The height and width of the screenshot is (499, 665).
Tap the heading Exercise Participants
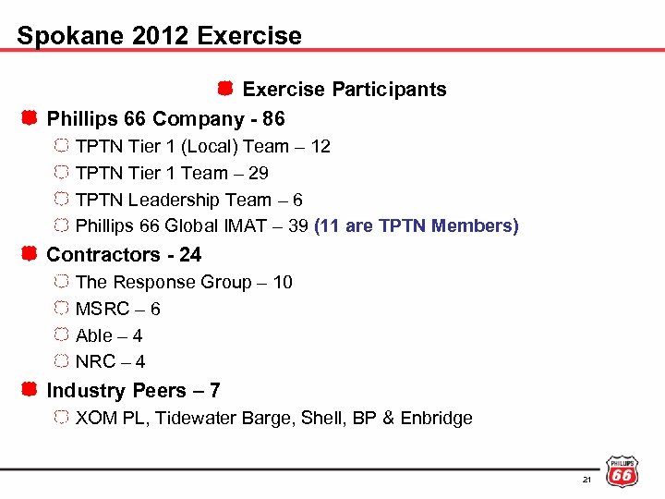pyautogui.click(x=344, y=90)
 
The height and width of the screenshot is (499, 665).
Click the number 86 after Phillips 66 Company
pyautogui.click(x=273, y=119)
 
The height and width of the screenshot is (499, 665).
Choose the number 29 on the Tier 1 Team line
pyautogui.click(x=259, y=173)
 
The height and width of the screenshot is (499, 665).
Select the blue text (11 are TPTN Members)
pyautogui.click(x=417, y=226)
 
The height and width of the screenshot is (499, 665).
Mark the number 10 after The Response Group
pyautogui.click(x=282, y=282)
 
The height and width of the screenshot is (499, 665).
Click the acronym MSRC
pyautogui.click(x=101, y=309)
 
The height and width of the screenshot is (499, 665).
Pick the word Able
pyautogui.click(x=94, y=335)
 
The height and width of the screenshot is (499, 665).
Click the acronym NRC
pyautogui.click(x=96, y=362)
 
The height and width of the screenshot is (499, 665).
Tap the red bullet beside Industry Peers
pyautogui.click(x=30, y=390)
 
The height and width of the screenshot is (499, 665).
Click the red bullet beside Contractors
pyautogui.click(x=30, y=254)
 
